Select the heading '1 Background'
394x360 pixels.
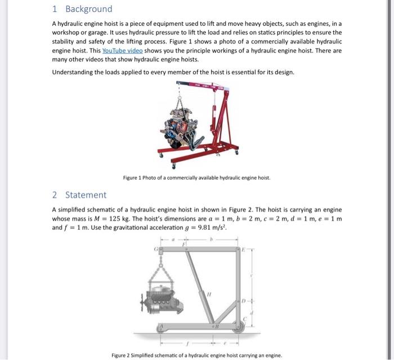pos(82,9)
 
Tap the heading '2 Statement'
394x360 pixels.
pos(79,195)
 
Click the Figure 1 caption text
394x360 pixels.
pos(196,178)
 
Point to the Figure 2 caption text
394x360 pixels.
pos(196,355)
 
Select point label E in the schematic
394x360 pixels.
pos(244,248)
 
